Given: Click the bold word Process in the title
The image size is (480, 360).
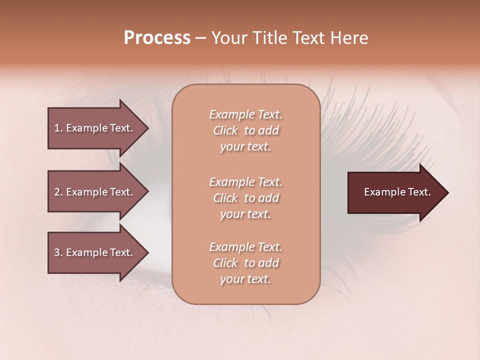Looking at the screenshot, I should pos(157,38).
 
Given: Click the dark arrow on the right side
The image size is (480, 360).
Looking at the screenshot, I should pos(395,192).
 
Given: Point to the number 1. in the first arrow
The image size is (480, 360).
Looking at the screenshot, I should pos(58,128).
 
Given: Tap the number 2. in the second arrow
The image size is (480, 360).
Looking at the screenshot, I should pos(58,192).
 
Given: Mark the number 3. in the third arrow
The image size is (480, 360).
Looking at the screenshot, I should pos(58,252).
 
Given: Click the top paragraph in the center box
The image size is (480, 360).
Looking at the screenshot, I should pos(245,130).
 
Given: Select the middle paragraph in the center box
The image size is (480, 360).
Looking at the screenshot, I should pos(245,198).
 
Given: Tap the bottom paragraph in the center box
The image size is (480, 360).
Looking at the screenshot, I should pos(245,263).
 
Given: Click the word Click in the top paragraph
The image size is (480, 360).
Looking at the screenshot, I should pos(225,130).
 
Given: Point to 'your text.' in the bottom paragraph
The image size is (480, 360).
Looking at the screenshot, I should pos(245,279).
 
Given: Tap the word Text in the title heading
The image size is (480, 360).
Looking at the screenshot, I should pos(309,38).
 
